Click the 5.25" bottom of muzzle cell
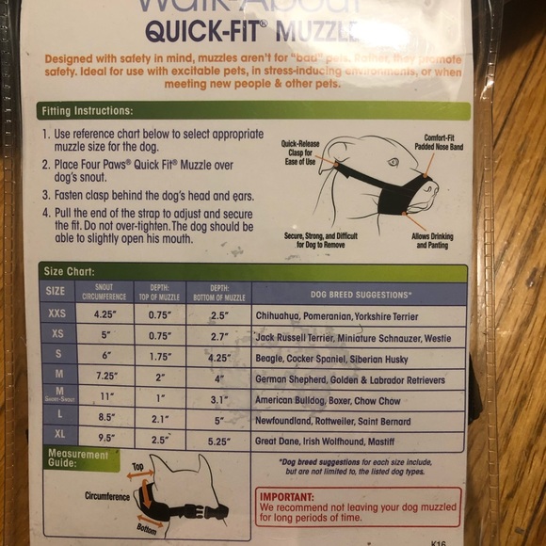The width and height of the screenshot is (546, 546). (218, 438)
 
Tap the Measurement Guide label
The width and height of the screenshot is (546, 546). (78, 459)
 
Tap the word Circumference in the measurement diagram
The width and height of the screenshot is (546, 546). (106, 496)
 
